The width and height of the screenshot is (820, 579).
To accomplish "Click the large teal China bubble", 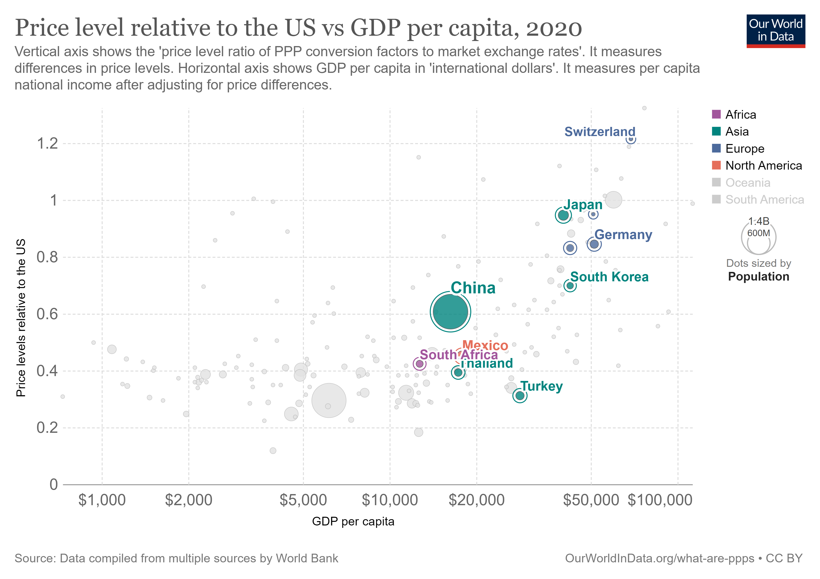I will (x=450, y=311).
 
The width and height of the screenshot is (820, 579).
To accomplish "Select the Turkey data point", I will (x=520, y=395).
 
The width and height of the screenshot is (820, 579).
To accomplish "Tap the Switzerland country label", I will (x=600, y=131).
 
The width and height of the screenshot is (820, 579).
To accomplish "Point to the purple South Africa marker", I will (x=420, y=364).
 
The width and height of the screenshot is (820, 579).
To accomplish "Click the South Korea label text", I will (x=609, y=277).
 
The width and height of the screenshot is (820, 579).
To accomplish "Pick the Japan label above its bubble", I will (x=583, y=204).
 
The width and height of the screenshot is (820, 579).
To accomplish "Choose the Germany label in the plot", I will (x=623, y=235).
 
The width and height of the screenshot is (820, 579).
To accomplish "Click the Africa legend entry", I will (x=740, y=115).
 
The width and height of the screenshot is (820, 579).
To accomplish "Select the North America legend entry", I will (x=763, y=165).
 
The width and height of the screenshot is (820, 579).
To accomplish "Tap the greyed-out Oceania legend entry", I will (x=747, y=183).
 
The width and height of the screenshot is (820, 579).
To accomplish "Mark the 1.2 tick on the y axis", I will (x=48, y=144).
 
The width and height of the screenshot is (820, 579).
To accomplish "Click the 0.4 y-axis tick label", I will (x=48, y=371).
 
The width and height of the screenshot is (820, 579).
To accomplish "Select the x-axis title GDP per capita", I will (x=353, y=522).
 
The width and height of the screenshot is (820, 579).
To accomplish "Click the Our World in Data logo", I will (x=775, y=31).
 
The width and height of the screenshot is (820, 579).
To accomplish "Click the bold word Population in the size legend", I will (x=758, y=276).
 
